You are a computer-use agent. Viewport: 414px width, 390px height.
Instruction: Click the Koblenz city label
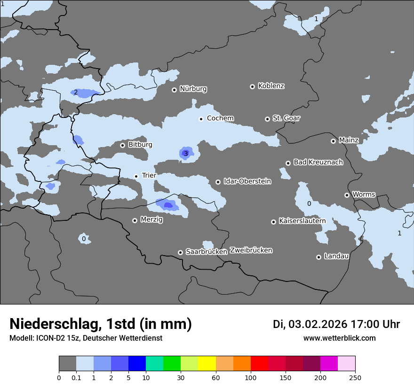pyautogui.click(x=271, y=86)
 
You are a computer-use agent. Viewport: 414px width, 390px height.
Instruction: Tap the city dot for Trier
pyautogui.click(x=136, y=176)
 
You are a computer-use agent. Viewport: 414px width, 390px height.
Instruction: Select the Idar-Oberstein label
pyautogui.click(x=247, y=181)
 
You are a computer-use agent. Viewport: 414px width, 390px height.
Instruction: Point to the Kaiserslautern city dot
pyautogui.click(x=273, y=222)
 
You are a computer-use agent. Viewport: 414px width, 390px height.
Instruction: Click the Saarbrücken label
pyautogui.click(x=207, y=252)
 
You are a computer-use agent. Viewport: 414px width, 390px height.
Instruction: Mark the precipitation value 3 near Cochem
pyautogui.click(x=186, y=154)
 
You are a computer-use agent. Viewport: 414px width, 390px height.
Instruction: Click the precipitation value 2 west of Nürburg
pyautogui.click(x=75, y=92)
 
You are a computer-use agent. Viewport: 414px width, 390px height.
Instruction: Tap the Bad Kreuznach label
pyautogui.click(x=318, y=162)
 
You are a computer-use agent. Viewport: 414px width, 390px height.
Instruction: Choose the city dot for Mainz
pyautogui.click(x=333, y=141)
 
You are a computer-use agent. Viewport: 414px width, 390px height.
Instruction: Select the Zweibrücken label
pyautogui.click(x=251, y=250)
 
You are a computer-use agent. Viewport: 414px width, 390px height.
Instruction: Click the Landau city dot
pyautogui.click(x=318, y=257)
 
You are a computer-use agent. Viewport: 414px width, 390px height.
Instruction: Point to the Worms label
pyautogui.click(x=364, y=195)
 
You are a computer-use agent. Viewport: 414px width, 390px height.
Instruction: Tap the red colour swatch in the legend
pyautogui.click(x=259, y=364)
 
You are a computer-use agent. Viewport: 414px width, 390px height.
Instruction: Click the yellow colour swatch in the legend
pyautogui.click(x=207, y=364)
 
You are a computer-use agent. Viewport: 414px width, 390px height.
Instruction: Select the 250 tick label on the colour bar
pyautogui.click(x=355, y=377)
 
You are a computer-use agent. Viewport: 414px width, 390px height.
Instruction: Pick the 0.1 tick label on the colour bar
pyautogui.click(x=76, y=377)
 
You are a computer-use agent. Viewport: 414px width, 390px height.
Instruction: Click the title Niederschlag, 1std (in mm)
pyautogui.click(x=101, y=324)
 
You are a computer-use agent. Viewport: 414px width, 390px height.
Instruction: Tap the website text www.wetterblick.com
pyautogui.click(x=339, y=338)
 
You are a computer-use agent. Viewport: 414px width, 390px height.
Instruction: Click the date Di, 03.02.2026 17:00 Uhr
pyautogui.click(x=336, y=324)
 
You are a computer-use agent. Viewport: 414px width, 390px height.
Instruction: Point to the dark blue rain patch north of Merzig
pyautogui.click(x=167, y=205)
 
